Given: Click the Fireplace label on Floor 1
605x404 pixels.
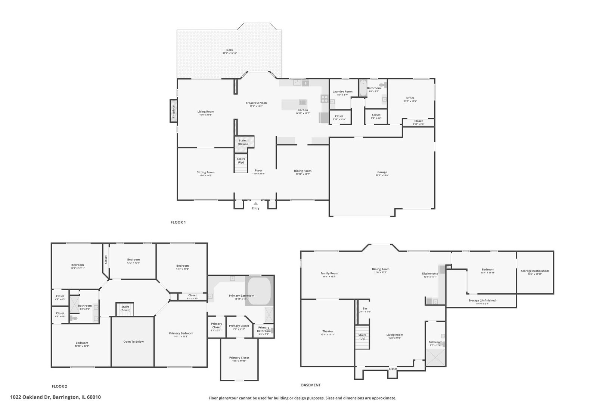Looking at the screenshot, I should pyautogui.click(x=173, y=111).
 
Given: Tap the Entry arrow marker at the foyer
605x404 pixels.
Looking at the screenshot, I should pyautogui.click(x=255, y=203).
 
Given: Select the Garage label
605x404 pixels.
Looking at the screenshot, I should pyautogui.click(x=382, y=172).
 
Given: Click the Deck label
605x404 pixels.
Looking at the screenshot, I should pyautogui.click(x=230, y=50).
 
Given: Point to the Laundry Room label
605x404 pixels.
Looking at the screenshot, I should pyautogui.click(x=342, y=92).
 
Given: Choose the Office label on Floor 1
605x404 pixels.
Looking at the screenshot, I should pyautogui.click(x=410, y=98).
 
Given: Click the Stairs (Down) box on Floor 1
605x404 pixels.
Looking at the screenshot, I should pyautogui.click(x=243, y=142).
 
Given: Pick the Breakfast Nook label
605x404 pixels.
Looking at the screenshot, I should pyautogui.click(x=256, y=103).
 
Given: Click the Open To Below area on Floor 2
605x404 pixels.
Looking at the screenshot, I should pyautogui.click(x=133, y=342).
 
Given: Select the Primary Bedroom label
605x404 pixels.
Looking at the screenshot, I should pyautogui.click(x=181, y=333).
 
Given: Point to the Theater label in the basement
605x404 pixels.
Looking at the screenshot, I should pyautogui.click(x=328, y=331).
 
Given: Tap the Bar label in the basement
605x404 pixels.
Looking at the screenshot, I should pyautogui.click(x=365, y=309).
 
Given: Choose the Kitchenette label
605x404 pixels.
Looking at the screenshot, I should pyautogui.click(x=430, y=274).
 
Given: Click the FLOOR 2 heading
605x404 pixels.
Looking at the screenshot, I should pyautogui.click(x=59, y=386).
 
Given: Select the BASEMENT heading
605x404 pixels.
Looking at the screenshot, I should pyautogui.click(x=311, y=385).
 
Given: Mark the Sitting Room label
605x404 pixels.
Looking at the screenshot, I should pyautogui.click(x=206, y=172).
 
